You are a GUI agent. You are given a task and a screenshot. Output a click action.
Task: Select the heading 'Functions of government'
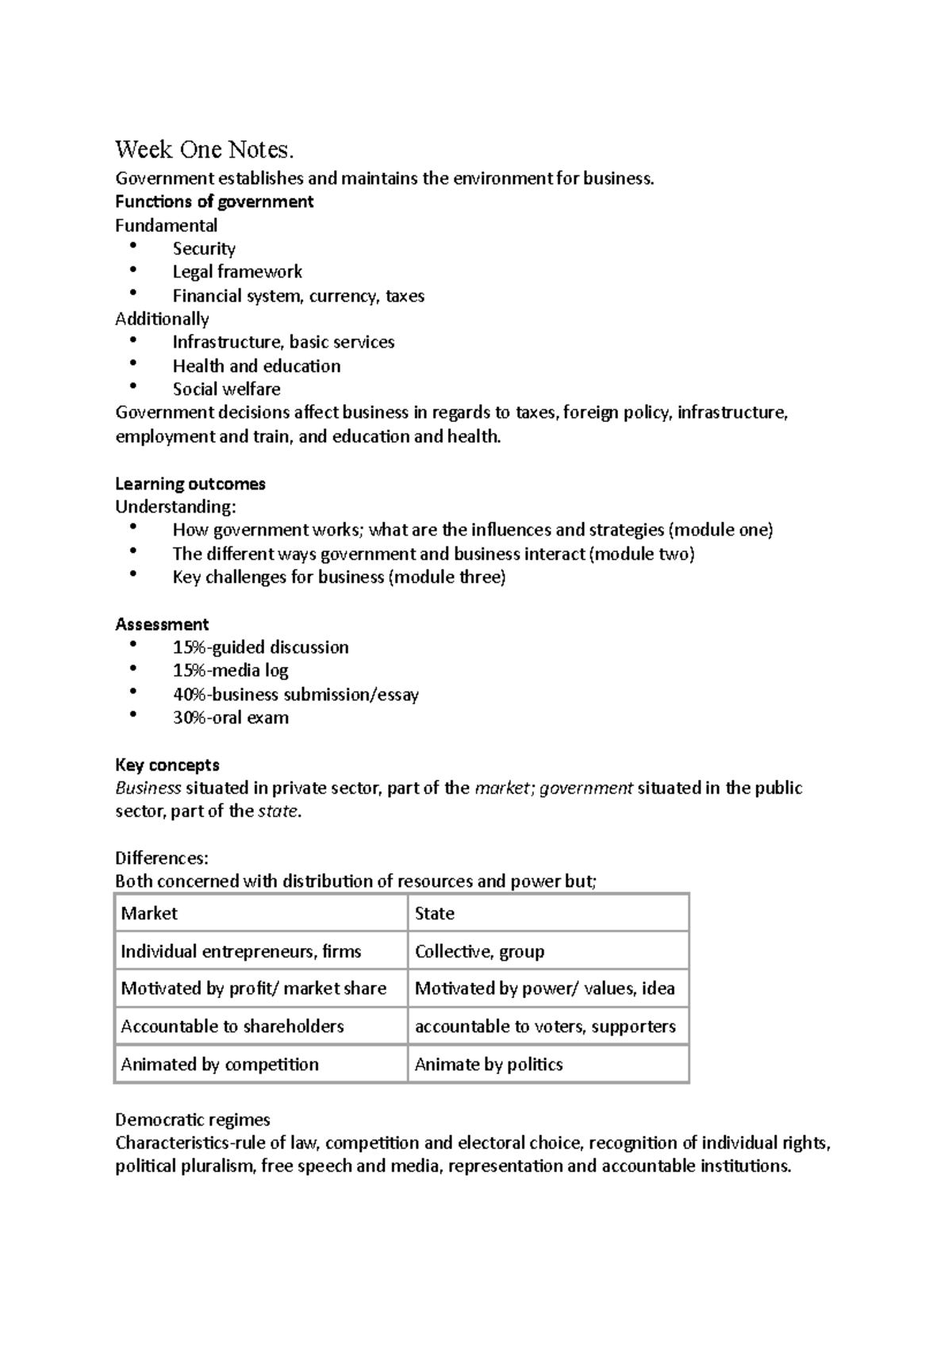[214, 201]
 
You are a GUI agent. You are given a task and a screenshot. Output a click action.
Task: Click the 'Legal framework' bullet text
[237, 272]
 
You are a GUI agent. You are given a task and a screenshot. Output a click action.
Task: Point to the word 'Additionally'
[162, 319]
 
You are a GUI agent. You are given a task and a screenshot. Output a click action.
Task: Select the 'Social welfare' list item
[226, 390]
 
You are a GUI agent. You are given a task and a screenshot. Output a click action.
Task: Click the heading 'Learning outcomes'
[190, 484]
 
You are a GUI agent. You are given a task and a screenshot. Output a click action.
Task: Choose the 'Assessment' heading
[162, 624]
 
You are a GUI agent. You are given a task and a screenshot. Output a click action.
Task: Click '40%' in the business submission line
[189, 695]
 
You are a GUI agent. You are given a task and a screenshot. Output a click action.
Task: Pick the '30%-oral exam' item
[230, 718]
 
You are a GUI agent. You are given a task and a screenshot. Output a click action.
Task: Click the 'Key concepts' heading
[167, 766]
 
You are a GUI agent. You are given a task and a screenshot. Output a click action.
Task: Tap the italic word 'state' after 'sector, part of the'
[278, 812]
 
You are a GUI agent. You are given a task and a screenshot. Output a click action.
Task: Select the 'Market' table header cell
[149, 914]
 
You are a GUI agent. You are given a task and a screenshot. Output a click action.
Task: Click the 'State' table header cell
[435, 914]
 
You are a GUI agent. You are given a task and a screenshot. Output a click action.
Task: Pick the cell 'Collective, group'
[479, 952]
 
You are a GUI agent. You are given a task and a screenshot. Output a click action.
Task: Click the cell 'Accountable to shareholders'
[232, 1027]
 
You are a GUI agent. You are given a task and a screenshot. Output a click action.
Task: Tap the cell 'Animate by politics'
[489, 1065]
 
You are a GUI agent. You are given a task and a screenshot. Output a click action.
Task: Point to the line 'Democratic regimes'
[193, 1120]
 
